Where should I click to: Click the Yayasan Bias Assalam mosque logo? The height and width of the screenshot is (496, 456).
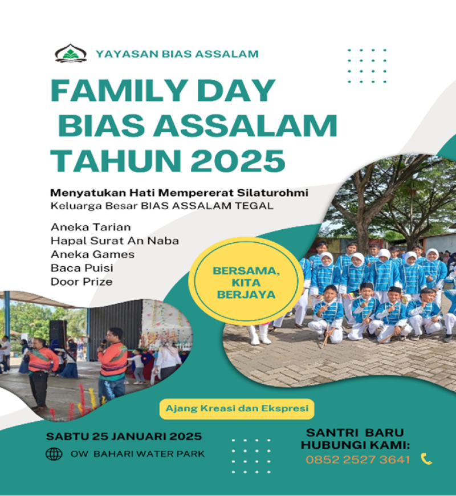pyautogui.click(x=71, y=53)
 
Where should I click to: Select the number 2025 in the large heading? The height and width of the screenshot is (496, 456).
pyautogui.click(x=238, y=161)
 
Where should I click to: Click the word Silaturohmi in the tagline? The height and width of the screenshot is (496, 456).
pyautogui.click(x=272, y=192)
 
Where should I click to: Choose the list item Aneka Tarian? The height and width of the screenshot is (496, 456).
pyautogui.click(x=91, y=227)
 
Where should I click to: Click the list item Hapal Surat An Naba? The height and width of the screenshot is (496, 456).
pyautogui.click(x=115, y=241)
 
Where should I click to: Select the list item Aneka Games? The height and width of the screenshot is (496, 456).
pyautogui.click(x=93, y=254)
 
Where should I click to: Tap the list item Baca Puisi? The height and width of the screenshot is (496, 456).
pyautogui.click(x=82, y=268)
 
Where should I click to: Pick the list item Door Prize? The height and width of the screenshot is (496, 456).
pyautogui.click(x=82, y=282)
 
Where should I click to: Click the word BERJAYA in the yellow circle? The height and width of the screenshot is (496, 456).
pyautogui.click(x=246, y=295)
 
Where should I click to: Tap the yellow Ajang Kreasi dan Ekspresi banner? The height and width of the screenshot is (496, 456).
pyautogui.click(x=237, y=409)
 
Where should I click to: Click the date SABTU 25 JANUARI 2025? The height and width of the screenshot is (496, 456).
pyautogui.click(x=124, y=437)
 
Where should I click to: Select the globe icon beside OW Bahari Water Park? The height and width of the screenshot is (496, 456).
pyautogui.click(x=54, y=454)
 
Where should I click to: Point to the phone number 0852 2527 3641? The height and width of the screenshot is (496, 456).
pyautogui.click(x=357, y=460)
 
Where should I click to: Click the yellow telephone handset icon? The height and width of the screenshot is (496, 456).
pyautogui.click(x=426, y=459)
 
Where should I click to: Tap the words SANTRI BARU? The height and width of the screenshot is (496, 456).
pyautogui.click(x=355, y=432)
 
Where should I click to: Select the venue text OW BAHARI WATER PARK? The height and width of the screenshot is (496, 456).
pyautogui.click(x=137, y=454)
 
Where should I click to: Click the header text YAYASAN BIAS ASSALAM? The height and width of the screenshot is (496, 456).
pyautogui.click(x=177, y=54)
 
